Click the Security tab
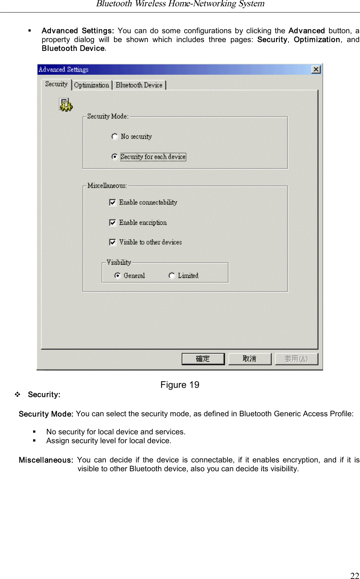tap(56, 84)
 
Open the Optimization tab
tap(91, 85)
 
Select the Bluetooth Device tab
tap(139, 85)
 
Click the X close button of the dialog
tap(316, 70)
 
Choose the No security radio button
tap(115, 137)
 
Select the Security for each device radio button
tap(115, 157)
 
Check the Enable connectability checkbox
tap(112, 203)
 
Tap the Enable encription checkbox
tap(112, 223)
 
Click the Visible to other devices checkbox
tap(112, 242)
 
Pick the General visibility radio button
tap(118, 276)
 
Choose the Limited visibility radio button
tap(172, 276)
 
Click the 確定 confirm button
tap(203, 359)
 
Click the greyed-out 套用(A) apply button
tap(296, 359)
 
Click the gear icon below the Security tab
tap(66, 105)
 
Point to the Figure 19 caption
tap(180, 385)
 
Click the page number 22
tap(354, 575)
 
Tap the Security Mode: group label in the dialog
tap(108, 116)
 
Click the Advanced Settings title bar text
tap(64, 70)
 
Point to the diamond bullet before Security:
tap(17, 394)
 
